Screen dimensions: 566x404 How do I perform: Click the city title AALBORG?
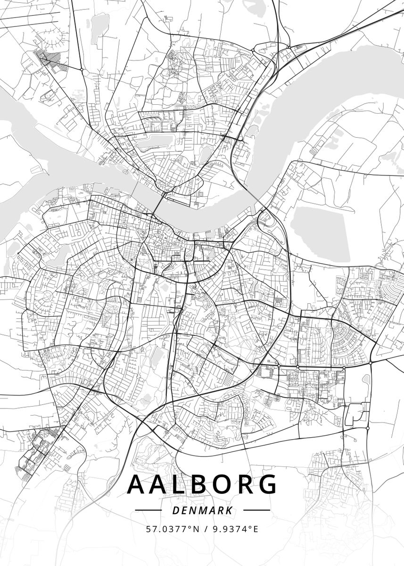tap(202, 484)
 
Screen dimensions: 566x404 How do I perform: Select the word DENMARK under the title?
tap(202, 510)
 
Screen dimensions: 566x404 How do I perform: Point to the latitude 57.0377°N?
tap(169, 529)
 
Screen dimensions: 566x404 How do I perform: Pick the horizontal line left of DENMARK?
tap(148, 510)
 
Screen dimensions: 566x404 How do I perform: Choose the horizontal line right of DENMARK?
tap(256, 510)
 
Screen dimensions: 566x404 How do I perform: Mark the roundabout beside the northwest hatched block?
tap(82, 69)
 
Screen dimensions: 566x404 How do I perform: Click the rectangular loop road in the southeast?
tap(356, 414)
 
